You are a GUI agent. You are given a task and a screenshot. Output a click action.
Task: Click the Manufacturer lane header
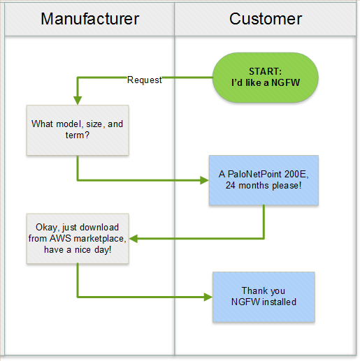click(x=89, y=19)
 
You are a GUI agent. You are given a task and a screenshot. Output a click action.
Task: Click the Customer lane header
click(x=266, y=19)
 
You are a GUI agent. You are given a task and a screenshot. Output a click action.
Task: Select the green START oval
click(x=266, y=78)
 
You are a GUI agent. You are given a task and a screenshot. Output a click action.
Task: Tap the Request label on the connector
click(x=145, y=80)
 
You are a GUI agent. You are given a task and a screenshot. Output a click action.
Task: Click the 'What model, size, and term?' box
click(x=78, y=130)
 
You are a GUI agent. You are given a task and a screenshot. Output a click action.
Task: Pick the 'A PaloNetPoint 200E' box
click(x=264, y=180)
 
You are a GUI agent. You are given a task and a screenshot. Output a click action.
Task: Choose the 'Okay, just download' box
click(x=78, y=239)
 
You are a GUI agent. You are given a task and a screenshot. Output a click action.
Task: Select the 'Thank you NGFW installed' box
click(x=264, y=297)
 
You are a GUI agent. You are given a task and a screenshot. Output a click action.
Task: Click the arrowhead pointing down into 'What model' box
click(x=78, y=101)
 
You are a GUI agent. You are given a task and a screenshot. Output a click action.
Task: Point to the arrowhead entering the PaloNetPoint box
click(x=205, y=180)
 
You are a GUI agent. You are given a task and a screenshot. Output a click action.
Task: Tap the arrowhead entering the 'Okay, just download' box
click(x=134, y=239)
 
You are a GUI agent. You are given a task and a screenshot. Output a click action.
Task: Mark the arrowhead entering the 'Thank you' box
click(x=208, y=297)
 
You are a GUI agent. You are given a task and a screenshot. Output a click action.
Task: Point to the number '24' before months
click(x=231, y=186)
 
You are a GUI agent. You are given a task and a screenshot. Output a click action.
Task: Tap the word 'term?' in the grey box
click(x=78, y=135)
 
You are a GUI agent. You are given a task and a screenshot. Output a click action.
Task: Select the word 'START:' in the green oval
click(x=266, y=71)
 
